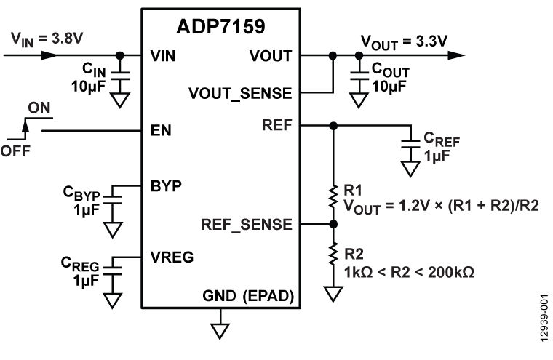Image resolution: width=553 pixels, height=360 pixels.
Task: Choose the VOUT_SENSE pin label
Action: [240, 93]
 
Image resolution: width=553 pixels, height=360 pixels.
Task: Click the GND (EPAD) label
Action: [247, 297]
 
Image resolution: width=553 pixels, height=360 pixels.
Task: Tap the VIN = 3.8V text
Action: [39, 36]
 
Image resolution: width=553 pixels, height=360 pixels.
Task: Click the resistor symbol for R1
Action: [333, 196]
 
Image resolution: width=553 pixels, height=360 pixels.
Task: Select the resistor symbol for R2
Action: [333, 255]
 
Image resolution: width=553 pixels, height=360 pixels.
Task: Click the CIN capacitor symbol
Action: [120, 75]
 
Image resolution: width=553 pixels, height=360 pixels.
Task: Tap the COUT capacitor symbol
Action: [358, 75]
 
